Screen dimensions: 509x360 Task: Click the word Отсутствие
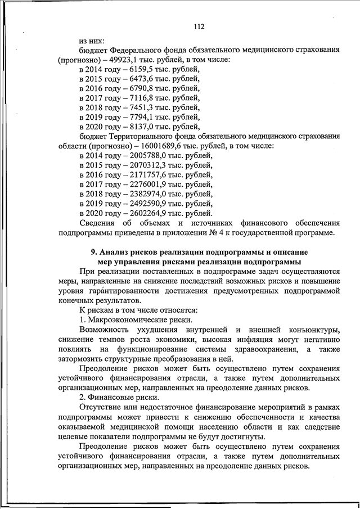pyautogui.click(x=105, y=408)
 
